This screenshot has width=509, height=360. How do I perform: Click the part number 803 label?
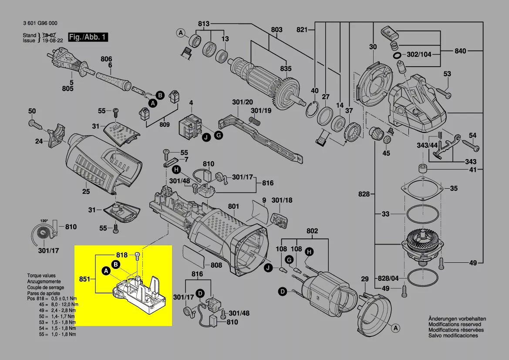276,30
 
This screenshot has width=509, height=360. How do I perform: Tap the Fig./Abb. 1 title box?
88,37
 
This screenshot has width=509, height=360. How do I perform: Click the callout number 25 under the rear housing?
86,192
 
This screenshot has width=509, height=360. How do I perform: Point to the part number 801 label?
234,206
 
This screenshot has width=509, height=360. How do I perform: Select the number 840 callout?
460,51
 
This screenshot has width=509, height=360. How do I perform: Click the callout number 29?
365,278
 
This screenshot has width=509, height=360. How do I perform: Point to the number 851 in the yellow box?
85,278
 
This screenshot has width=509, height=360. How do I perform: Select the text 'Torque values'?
42,276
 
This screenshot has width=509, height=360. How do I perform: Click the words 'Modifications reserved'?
455,324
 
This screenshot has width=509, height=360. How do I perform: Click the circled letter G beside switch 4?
219,136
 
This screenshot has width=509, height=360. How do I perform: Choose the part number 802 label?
312,231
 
